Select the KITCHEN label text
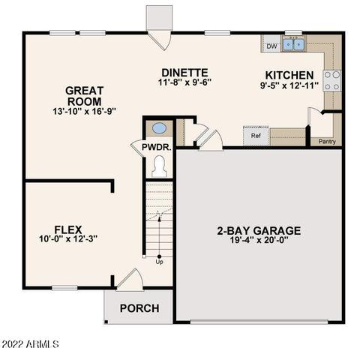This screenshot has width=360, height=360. click(289, 75)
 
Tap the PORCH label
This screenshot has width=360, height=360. click(139, 308)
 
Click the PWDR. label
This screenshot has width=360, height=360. click(157, 148)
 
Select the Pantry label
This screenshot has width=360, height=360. click(327, 141)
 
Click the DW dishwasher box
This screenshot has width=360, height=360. click(271, 46)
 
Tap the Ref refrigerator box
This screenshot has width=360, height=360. click(256, 136)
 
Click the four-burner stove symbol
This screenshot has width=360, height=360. click(332, 80)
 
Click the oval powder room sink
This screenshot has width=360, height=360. click(159, 127)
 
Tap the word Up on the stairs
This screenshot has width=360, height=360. click(159, 262)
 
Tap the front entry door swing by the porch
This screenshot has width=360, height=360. click(129, 279)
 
